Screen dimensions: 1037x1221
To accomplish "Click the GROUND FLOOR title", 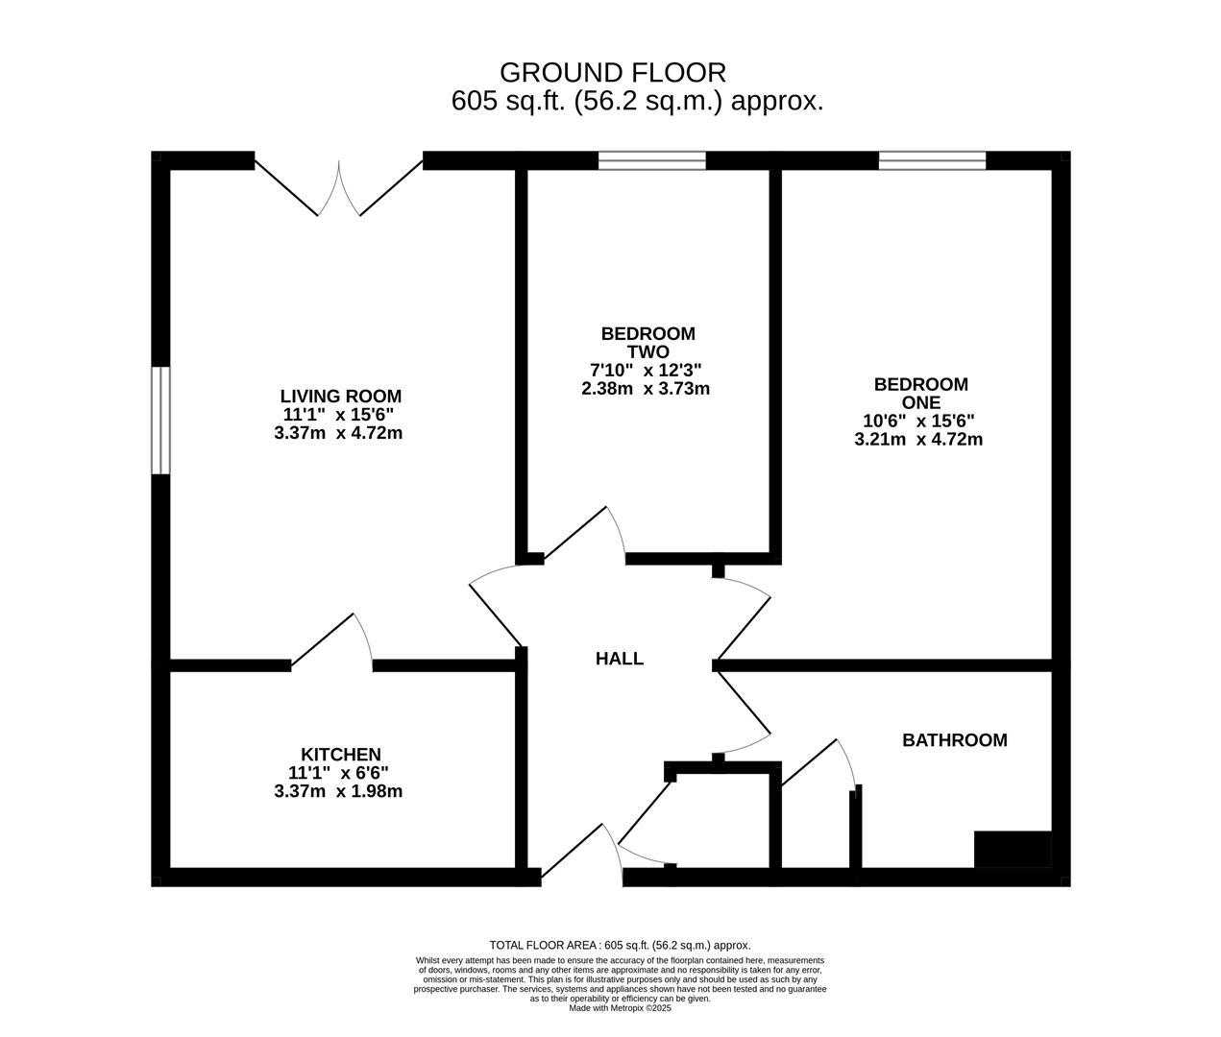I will tap(613, 72).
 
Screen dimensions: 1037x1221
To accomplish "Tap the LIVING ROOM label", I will tap(340, 396).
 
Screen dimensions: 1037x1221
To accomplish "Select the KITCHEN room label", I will tap(340, 755).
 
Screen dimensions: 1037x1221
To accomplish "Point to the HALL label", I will tap(620, 659).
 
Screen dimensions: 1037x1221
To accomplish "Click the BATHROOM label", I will tap(954, 740).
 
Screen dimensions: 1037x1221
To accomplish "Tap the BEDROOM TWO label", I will tap(647, 343).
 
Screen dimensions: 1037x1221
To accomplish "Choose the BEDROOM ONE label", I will tap(920, 393).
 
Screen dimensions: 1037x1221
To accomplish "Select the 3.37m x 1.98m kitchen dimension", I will tap(338, 791).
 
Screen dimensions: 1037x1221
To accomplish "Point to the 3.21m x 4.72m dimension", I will tap(918, 440).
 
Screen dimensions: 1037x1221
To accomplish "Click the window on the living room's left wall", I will tap(161, 421).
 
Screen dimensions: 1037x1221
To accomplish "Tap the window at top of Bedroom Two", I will tap(652, 161).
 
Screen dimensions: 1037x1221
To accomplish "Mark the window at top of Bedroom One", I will tap(932, 161).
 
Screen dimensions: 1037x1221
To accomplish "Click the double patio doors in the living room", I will tap(339, 188).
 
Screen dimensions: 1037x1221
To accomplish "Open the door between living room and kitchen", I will tap(332, 641).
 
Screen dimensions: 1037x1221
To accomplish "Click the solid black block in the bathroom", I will tap(1013, 850).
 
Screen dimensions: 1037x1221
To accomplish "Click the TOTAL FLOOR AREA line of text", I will tap(620, 945).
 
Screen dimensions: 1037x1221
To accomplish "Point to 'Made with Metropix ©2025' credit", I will tap(620, 1008).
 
